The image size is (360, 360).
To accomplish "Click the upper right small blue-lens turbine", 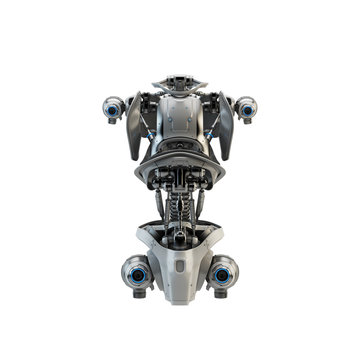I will [x=245, y=105].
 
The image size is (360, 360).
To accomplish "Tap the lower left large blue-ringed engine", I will [x=136, y=272].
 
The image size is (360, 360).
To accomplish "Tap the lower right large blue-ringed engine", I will [x=224, y=272].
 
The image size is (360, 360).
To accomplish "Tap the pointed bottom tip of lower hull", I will [x=180, y=297].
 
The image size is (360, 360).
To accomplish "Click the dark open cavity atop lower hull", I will [x=180, y=238].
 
